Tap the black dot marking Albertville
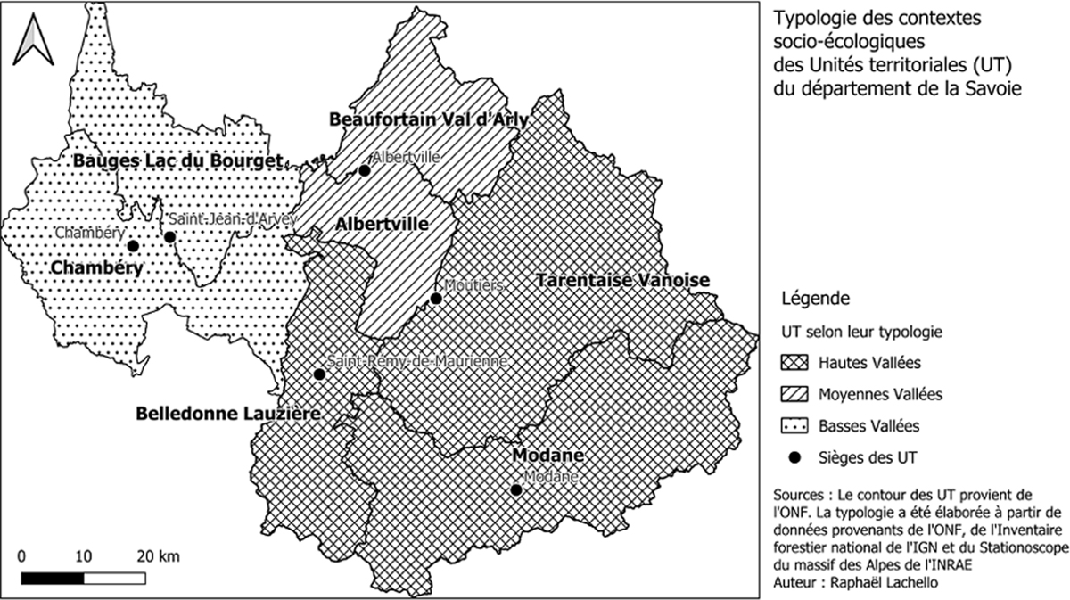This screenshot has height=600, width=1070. click(x=365, y=170)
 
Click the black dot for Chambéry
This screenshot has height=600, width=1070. click(x=133, y=246)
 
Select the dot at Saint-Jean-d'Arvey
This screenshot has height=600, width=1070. click(x=170, y=237)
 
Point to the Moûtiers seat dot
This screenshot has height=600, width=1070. click(x=436, y=299)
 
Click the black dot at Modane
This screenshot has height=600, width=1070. click(x=515, y=490)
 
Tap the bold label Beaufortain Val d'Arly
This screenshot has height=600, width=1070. click(x=429, y=119)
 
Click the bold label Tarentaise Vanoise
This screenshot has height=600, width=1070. click(x=622, y=280)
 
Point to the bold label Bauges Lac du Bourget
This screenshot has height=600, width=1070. click(x=178, y=160)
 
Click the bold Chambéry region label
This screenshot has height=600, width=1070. click(x=97, y=267)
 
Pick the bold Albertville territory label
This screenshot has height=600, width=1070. click(x=382, y=225)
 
